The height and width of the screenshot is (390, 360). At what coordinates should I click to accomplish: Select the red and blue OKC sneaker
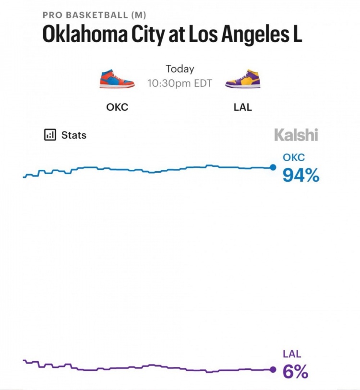point(117,79)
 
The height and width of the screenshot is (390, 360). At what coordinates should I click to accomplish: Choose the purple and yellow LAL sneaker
point(243,79)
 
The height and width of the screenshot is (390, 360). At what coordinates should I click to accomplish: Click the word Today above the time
point(180,69)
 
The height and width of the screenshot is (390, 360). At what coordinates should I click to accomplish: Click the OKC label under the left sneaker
point(117,107)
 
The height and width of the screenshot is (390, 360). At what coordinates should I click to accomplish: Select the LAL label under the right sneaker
point(243,107)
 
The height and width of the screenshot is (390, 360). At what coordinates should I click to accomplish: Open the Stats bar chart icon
point(50,135)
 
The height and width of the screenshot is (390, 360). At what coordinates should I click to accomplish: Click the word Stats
point(74,135)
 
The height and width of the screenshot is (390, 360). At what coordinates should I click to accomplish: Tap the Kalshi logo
point(296,135)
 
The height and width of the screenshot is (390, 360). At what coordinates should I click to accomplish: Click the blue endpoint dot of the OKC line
point(273,167)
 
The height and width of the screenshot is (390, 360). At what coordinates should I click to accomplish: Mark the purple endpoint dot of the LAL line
point(273,369)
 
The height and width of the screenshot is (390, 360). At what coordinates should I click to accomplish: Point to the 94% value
point(300,176)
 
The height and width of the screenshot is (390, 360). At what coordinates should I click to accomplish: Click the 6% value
point(295,372)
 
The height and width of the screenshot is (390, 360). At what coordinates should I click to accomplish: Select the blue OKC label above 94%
point(293,158)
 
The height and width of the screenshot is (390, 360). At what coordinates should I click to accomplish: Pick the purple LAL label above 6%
point(291,355)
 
